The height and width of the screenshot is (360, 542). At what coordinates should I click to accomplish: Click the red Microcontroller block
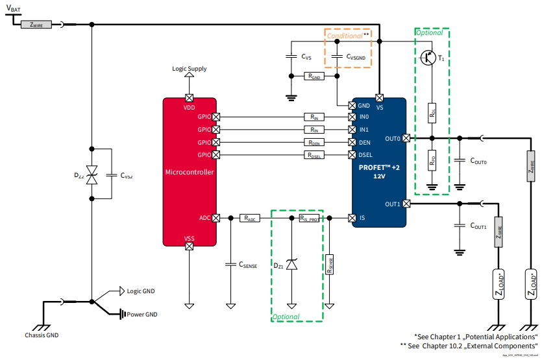tap(190, 172)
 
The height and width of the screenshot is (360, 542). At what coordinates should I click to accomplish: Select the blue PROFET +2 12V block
tap(379, 162)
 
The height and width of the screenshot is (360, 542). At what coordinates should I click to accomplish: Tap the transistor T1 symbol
tap(428, 58)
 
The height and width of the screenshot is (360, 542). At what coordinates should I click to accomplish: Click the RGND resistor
tap(315, 76)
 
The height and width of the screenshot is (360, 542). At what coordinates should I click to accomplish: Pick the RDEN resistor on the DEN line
tap(315, 142)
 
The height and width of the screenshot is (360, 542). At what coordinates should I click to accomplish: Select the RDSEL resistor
tap(315, 154)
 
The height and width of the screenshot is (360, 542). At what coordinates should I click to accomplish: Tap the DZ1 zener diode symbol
tap(292, 264)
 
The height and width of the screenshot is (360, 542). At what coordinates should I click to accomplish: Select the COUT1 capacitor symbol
tap(460, 226)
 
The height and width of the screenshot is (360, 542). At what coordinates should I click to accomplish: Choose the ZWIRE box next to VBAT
tap(36, 25)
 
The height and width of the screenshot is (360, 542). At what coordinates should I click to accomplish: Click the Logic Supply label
tap(190, 68)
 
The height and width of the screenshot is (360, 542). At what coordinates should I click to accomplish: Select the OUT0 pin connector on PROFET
tap(406, 138)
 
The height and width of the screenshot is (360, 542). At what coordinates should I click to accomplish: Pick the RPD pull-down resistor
tap(432, 160)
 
